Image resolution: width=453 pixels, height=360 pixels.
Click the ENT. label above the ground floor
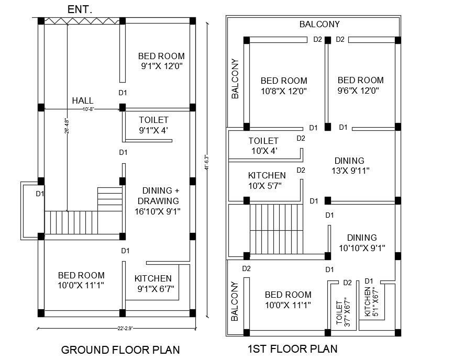tap(80, 9)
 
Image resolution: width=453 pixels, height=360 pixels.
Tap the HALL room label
tap(83, 100)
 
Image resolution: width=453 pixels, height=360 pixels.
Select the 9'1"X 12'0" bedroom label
tap(161, 61)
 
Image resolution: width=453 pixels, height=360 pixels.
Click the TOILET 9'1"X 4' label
tap(153, 126)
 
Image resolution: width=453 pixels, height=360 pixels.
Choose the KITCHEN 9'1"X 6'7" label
tap(153, 283)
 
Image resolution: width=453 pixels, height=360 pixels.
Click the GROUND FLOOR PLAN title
tap(120, 350)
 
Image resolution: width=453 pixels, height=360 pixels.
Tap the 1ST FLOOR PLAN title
tap(292, 348)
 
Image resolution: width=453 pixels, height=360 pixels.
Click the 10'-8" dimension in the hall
tap(88, 109)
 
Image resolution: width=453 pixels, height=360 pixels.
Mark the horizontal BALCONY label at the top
tap(319, 24)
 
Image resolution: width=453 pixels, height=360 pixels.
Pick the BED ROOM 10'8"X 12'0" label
tap(284, 86)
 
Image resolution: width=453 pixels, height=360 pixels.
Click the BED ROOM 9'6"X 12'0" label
tap(360, 85)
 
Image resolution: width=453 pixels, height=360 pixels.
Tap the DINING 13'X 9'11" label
tap(349, 165)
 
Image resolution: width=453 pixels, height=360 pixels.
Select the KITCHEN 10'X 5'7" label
tap(267, 180)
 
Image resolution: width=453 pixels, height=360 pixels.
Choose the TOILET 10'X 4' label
tap(263, 146)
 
